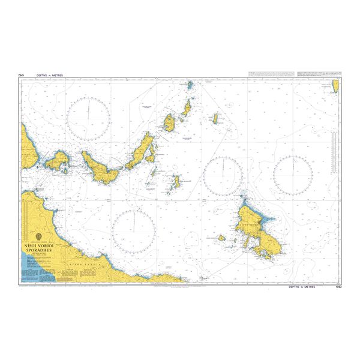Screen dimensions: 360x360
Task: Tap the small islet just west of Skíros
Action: [221, 238]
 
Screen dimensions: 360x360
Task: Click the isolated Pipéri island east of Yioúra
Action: [214, 119]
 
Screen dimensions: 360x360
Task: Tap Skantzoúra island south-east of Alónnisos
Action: [176, 181]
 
